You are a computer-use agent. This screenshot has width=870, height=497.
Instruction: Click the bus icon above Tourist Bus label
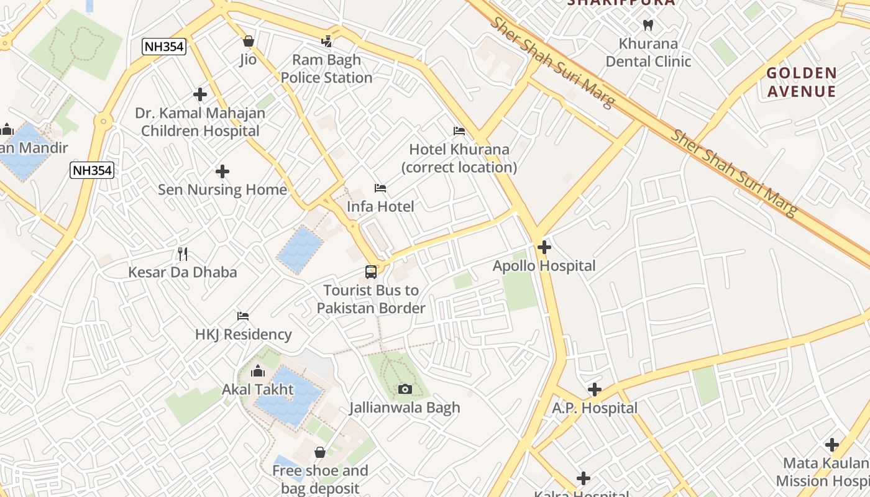point(371,272)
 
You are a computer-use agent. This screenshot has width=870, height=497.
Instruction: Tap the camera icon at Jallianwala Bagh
point(405,390)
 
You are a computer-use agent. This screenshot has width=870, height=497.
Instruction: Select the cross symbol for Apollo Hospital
point(544,247)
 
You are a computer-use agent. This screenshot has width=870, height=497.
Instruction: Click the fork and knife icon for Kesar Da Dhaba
point(183,254)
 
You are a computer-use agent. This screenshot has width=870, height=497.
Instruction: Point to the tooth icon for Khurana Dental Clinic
point(648,25)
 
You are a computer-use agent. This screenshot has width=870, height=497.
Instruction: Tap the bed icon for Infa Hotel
point(380,188)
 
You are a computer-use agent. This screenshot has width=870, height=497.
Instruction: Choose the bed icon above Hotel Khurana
point(459,131)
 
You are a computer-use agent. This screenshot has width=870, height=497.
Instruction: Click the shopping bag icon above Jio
point(249,42)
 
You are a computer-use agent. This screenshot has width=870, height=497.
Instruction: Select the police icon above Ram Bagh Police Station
point(327,42)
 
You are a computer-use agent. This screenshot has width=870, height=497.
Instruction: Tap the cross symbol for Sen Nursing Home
point(222,171)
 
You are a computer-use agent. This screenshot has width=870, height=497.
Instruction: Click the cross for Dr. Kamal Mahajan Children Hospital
point(200,94)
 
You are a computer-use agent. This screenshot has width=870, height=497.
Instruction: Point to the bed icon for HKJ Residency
point(243,316)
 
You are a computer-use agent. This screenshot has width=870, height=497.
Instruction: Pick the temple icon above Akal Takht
point(257,372)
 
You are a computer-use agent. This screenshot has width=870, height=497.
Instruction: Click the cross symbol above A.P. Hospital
point(595,390)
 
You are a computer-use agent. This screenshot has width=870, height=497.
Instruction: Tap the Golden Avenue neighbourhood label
point(802,82)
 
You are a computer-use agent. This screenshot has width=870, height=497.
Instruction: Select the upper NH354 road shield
point(164,47)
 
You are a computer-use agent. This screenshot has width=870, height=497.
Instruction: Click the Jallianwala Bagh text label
point(405,408)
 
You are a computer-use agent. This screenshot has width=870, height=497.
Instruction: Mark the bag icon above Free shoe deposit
point(320,452)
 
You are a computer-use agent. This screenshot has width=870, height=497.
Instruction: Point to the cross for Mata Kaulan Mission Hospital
point(832,445)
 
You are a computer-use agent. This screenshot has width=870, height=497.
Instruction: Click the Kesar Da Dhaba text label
point(183,272)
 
